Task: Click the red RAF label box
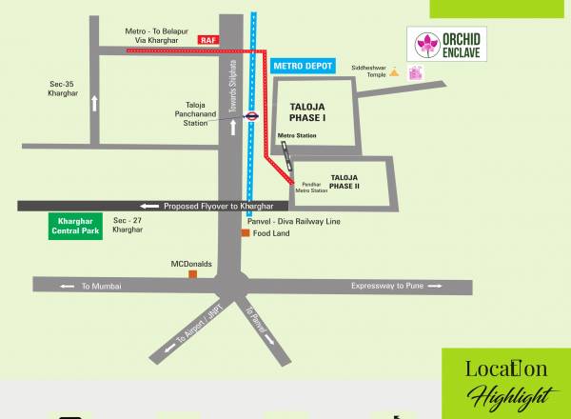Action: coord(209,40)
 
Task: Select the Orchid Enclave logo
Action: coord(451,46)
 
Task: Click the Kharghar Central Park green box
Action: coord(74,226)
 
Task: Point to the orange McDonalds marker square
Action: coord(193,274)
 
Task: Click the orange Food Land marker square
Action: coord(245,233)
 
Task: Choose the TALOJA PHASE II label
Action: coord(344,181)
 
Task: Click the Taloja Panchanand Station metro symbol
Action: coord(251,116)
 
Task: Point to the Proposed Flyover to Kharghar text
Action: coord(218,207)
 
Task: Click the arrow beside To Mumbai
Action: coord(67,286)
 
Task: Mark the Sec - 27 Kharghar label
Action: coord(128,226)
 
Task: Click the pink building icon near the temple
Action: coord(415,74)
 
